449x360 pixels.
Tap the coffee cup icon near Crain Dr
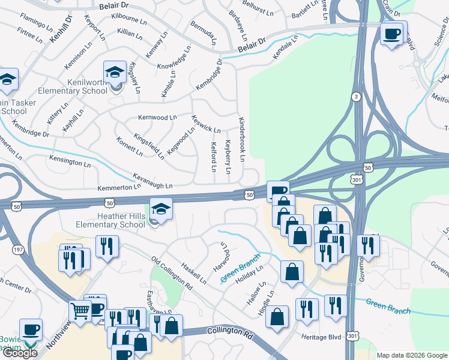click(x=393, y=33)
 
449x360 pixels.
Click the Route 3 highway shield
click(x=356, y=97)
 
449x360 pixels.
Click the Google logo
click(x=20, y=353)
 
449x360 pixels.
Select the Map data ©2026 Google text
click(x=412, y=355)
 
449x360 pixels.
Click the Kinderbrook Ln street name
click(x=242, y=139)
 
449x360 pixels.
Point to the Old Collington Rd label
click(x=172, y=274)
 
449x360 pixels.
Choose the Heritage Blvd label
click(x=321, y=338)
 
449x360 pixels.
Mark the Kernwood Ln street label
click(x=157, y=118)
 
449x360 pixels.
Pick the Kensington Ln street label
click(x=70, y=163)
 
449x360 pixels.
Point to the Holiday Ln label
click(x=250, y=278)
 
